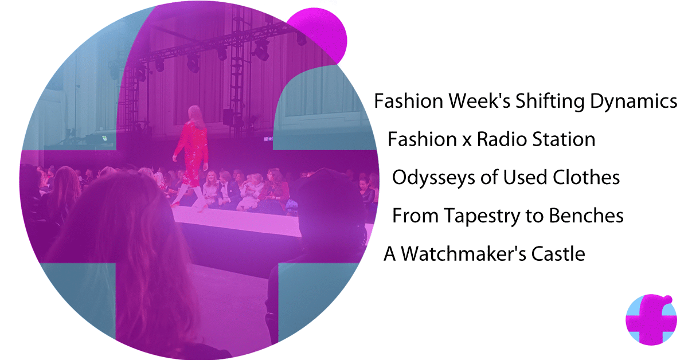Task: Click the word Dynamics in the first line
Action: point(634,101)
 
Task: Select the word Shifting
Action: point(550,101)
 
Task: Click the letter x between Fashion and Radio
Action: point(467,142)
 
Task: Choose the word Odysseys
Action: point(434,178)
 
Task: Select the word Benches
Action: point(587,216)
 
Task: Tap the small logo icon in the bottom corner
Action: point(651,320)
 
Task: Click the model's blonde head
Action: point(196,114)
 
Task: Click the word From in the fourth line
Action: point(415,216)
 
